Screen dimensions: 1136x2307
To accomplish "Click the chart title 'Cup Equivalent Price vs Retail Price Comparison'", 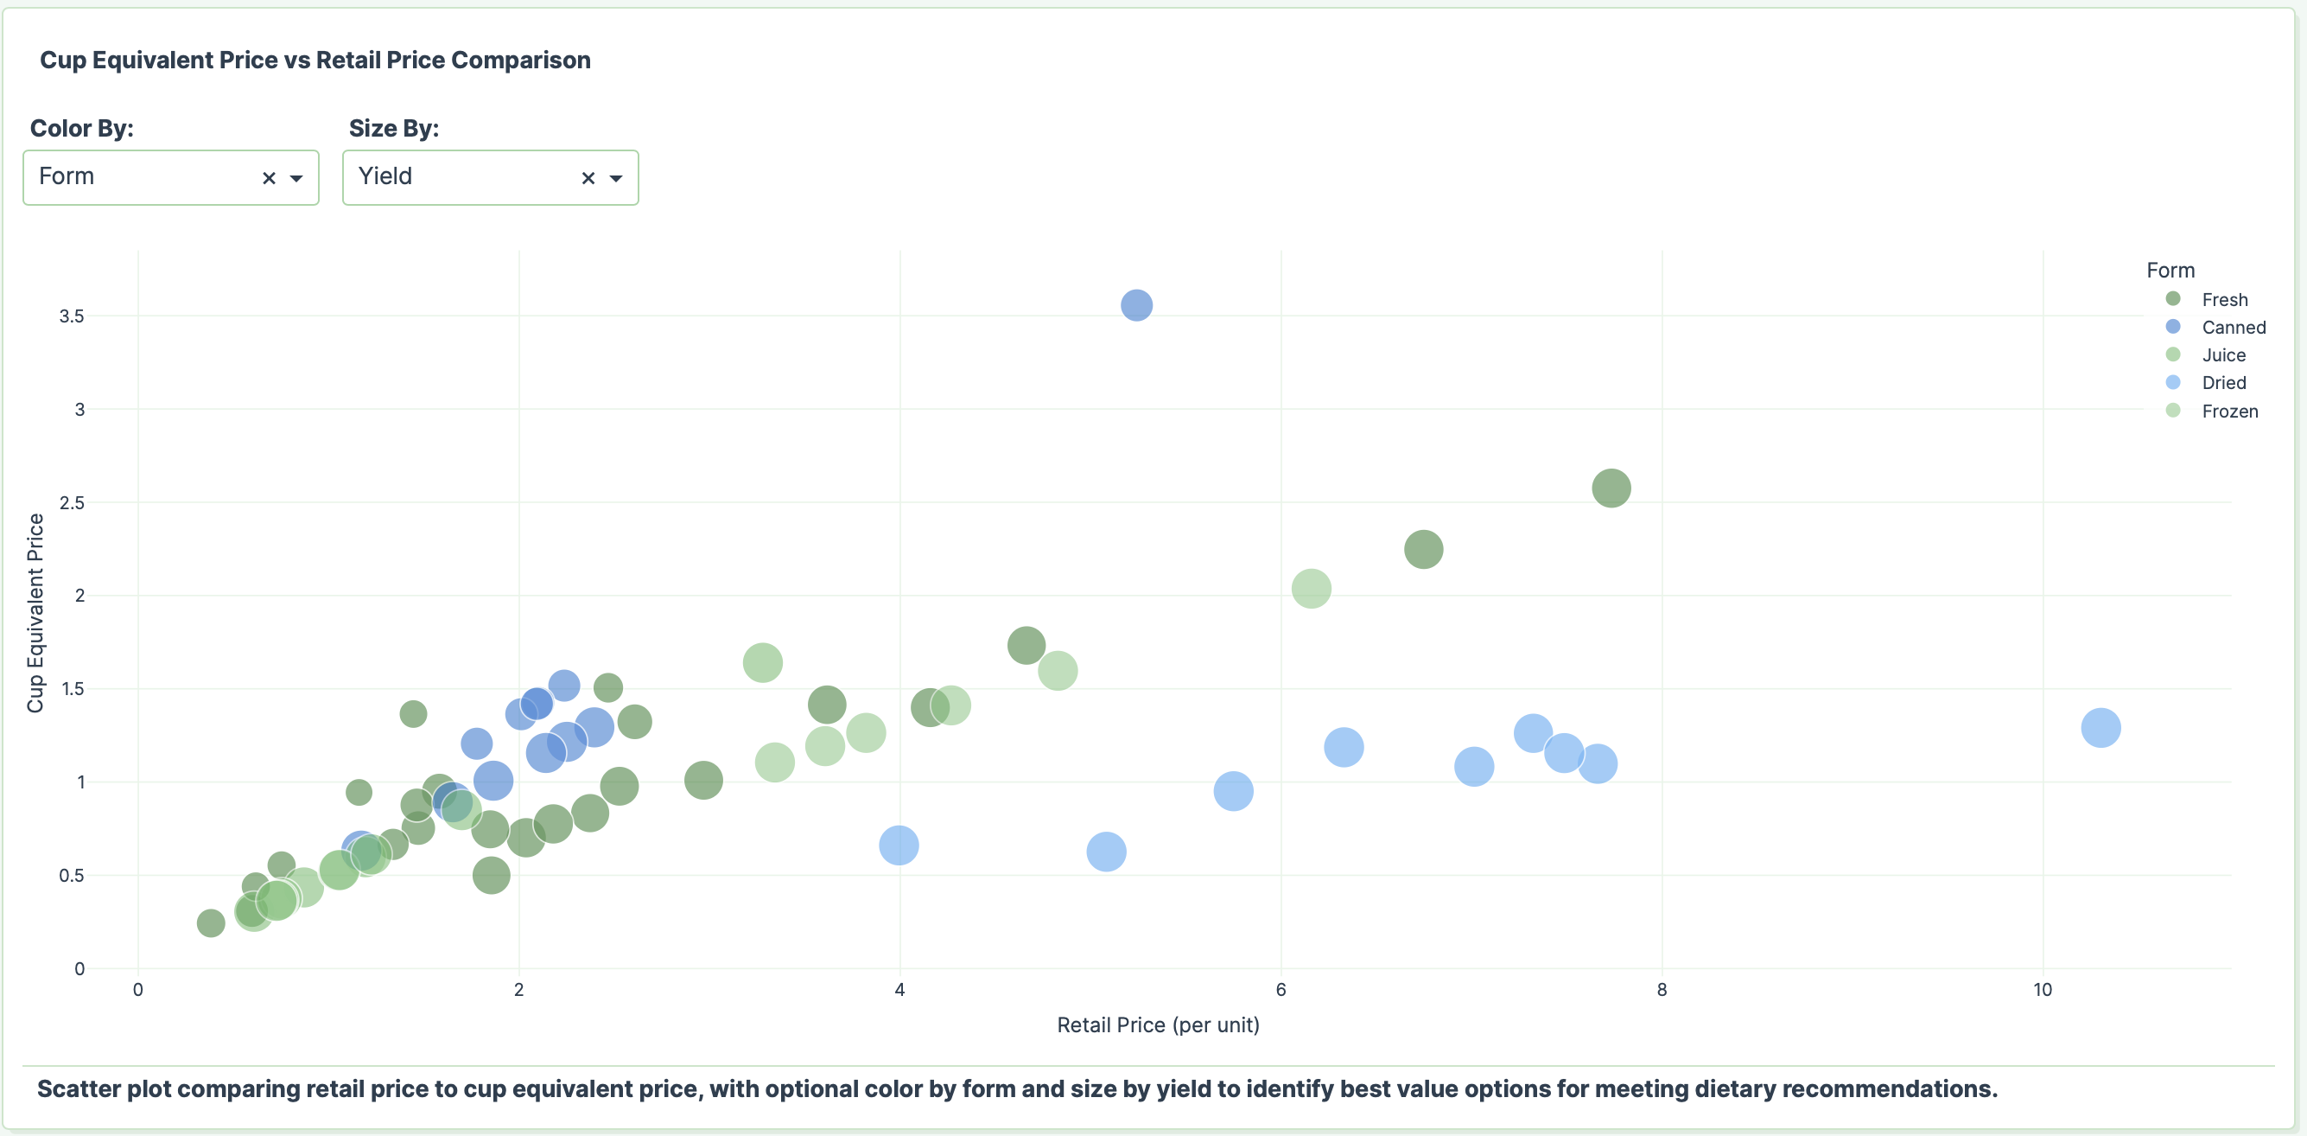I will pos(315,60).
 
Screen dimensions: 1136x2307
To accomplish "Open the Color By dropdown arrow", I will pos(296,178).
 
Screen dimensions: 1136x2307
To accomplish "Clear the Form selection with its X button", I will pos(269,178).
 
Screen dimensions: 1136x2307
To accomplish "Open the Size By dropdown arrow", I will pos(616,178).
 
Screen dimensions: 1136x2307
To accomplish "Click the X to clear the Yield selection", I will pos(588,178).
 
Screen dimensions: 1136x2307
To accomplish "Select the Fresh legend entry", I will pos(2224,299).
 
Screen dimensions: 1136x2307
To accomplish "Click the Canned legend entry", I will pos(2233,327).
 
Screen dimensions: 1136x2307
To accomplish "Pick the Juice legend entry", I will pos(2223,354).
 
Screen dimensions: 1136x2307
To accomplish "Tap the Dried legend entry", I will pos(2223,382).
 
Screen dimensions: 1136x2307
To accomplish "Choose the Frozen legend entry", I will pos(2229,412).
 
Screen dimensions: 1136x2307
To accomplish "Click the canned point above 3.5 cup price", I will pos(1135,305).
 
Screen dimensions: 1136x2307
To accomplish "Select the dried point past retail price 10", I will pos(2100,727).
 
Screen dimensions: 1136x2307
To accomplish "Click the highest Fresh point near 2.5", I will pos(1611,488).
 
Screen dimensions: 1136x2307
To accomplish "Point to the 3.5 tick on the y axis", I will pos(72,316).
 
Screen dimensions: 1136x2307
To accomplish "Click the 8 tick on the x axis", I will pos(1662,990).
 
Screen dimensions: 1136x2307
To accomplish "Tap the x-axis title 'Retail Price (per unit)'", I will pos(1157,1025).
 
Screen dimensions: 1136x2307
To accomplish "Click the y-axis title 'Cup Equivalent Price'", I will pos(35,613).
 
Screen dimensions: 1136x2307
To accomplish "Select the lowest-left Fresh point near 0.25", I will pos(211,922).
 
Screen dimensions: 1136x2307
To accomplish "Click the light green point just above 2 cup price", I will pos(1310,589).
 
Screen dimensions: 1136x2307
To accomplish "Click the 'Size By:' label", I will pos(394,128).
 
